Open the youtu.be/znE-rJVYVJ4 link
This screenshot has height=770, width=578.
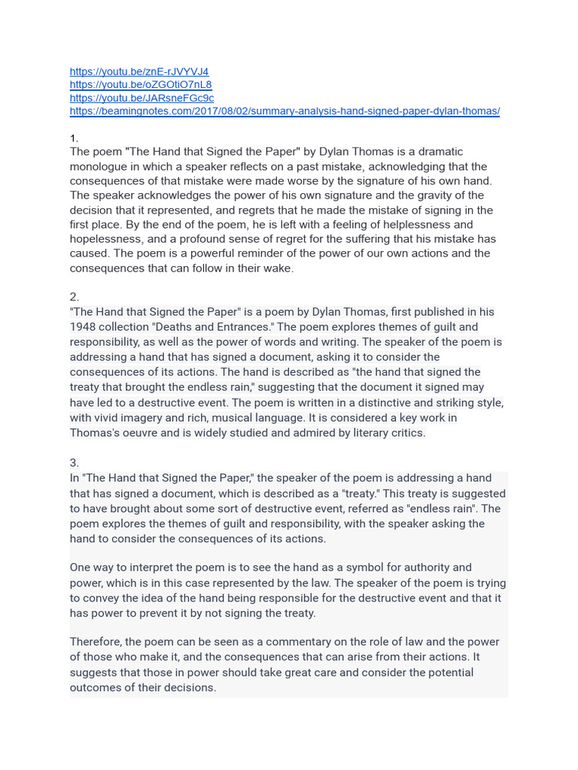139,71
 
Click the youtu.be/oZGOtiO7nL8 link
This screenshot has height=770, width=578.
141,84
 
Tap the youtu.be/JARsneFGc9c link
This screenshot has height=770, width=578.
141,98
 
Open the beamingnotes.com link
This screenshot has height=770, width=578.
284,111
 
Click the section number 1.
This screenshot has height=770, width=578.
74,138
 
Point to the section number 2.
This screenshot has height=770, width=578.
75,297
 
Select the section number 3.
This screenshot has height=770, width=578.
75,463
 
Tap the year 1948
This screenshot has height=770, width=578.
84,327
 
